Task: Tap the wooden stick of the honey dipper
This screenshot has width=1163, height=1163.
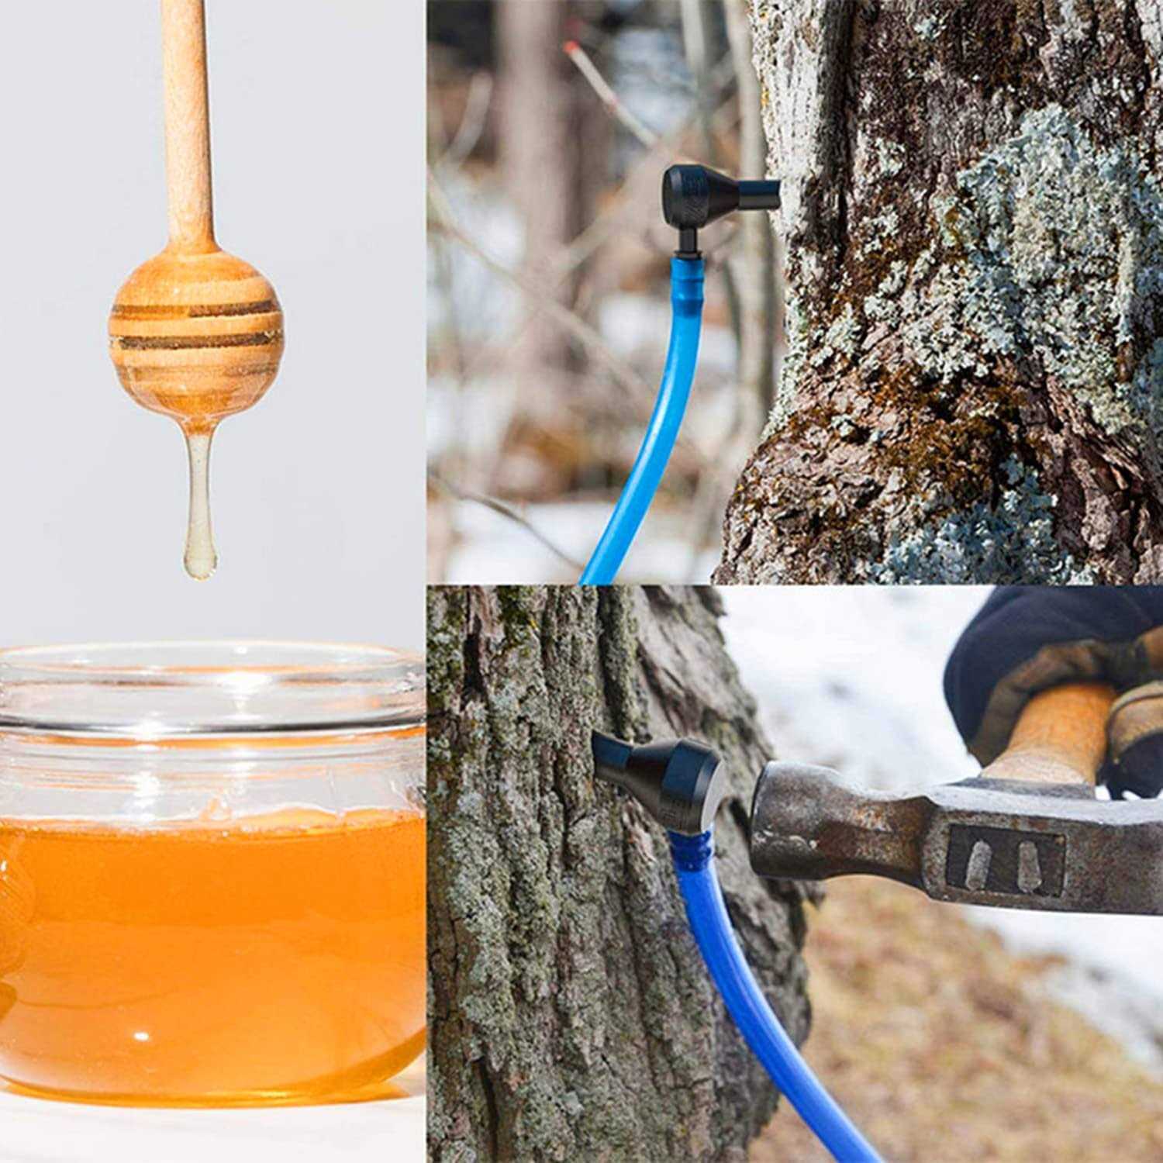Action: pos(186,116)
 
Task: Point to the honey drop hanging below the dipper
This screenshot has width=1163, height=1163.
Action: pos(199,527)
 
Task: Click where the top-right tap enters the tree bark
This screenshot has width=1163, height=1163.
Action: pos(778,188)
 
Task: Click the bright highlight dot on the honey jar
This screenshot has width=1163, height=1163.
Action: pos(141,1035)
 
